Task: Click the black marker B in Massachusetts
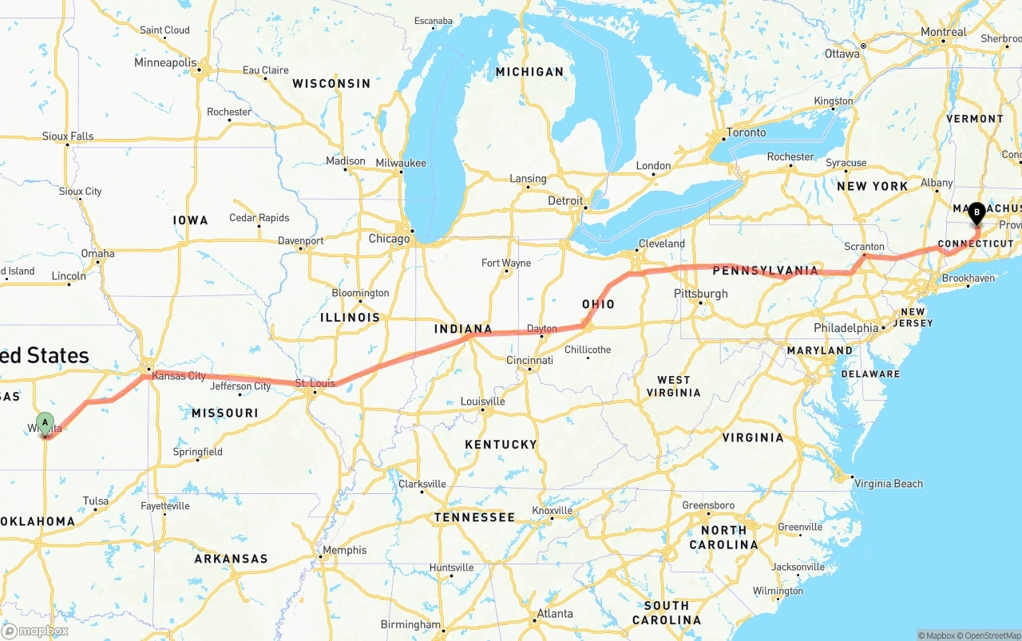pyautogui.click(x=976, y=212)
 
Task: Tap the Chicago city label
pyautogui.click(x=389, y=239)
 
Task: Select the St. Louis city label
pyautogui.click(x=315, y=384)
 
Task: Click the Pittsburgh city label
pyautogui.click(x=700, y=294)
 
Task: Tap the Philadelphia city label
pyautogui.click(x=846, y=328)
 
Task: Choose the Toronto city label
pyautogui.click(x=747, y=133)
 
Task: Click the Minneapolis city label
pyautogui.click(x=165, y=62)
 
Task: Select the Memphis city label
pyautogui.click(x=345, y=550)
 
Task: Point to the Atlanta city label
pyautogui.click(x=554, y=614)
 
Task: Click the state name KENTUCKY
pyautogui.click(x=501, y=445)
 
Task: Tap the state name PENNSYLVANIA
pyautogui.click(x=765, y=271)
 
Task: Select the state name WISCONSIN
pyautogui.click(x=331, y=83)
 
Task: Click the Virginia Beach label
pyautogui.click(x=888, y=484)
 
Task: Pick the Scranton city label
pyautogui.click(x=864, y=247)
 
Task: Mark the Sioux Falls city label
pyautogui.click(x=68, y=137)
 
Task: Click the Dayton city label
pyautogui.click(x=542, y=329)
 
